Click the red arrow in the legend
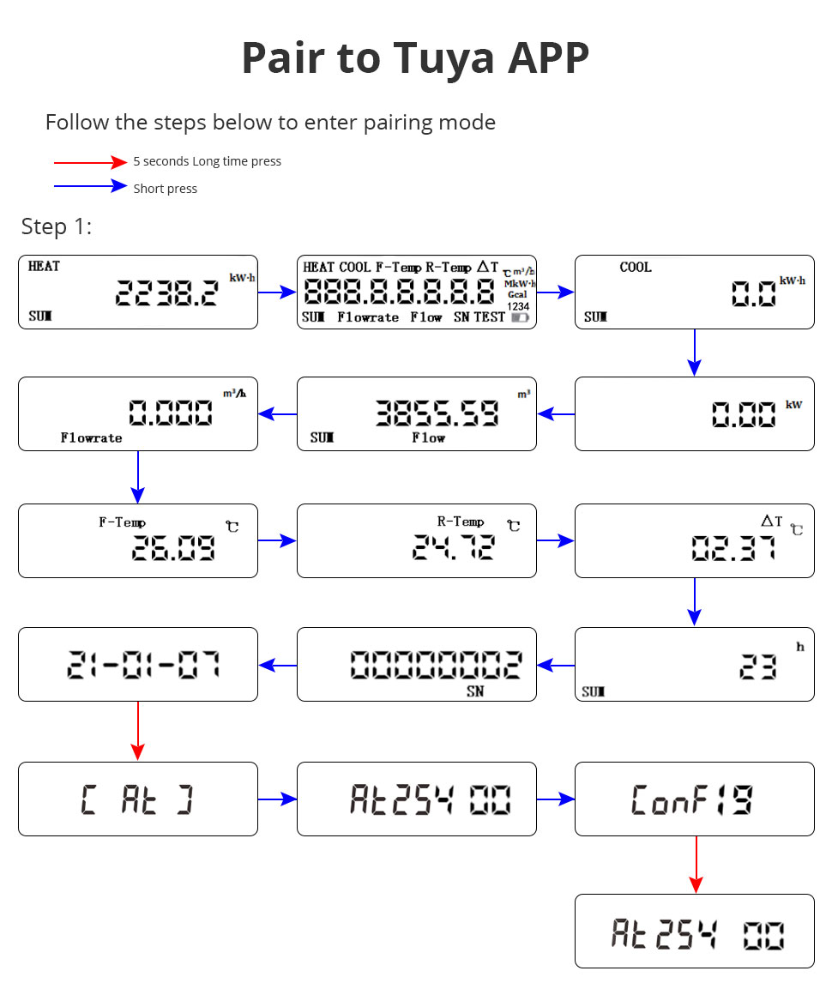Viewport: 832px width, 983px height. (90, 162)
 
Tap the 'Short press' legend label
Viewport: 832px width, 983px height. (165, 189)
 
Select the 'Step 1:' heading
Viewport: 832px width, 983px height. (57, 226)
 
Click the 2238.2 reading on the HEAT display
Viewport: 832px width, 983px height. (166, 292)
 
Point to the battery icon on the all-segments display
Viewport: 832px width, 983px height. (520, 318)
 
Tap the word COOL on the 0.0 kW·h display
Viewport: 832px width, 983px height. (635, 267)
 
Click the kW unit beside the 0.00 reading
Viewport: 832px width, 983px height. (793, 405)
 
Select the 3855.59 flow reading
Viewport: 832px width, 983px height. (437, 413)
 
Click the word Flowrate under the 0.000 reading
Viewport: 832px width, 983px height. (91, 437)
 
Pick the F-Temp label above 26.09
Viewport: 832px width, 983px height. (122, 522)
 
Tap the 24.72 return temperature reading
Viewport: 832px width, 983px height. (453, 546)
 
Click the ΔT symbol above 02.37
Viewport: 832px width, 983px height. (771, 521)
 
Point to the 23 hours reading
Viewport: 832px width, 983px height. (758, 666)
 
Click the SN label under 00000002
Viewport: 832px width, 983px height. (474, 691)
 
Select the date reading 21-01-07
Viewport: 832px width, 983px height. (143, 665)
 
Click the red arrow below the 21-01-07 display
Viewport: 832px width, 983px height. (138, 731)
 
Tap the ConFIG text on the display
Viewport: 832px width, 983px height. (691, 800)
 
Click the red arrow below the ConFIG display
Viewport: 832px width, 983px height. (696, 865)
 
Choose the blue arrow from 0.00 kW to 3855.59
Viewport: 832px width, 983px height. (556, 414)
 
